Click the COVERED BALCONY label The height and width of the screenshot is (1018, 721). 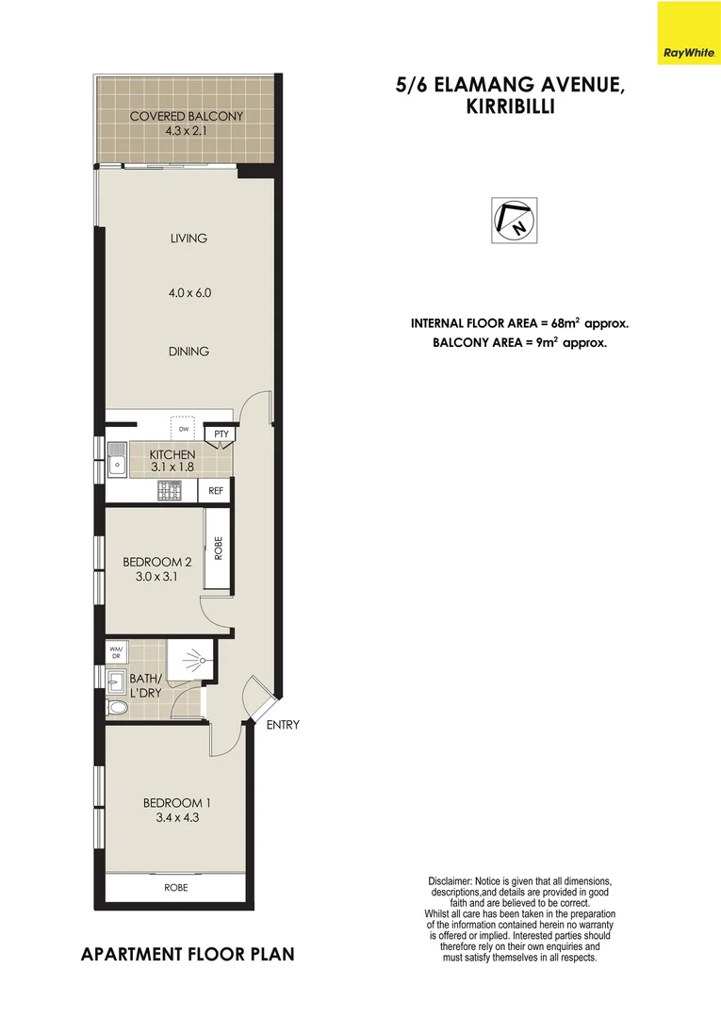pyautogui.click(x=187, y=116)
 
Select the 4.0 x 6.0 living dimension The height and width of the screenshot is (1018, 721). pyautogui.click(x=188, y=293)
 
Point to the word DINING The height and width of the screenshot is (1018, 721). pyautogui.click(x=188, y=352)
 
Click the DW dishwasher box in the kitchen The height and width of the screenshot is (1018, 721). pyautogui.click(x=184, y=429)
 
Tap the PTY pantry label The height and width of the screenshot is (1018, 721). pyautogui.click(x=221, y=434)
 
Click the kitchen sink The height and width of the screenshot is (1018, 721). pyautogui.click(x=117, y=462)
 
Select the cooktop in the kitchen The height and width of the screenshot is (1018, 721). pyautogui.click(x=170, y=490)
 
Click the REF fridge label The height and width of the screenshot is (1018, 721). pyautogui.click(x=216, y=491)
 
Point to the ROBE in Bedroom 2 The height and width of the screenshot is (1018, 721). pyautogui.click(x=219, y=549)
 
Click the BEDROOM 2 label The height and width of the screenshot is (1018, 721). pyautogui.click(x=151, y=563)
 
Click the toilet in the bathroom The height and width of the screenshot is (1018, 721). pyautogui.click(x=117, y=708)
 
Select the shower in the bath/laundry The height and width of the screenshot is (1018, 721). pyautogui.click(x=192, y=661)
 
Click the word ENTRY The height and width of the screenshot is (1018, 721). pyautogui.click(x=283, y=725)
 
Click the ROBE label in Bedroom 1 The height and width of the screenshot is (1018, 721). pyautogui.click(x=176, y=887)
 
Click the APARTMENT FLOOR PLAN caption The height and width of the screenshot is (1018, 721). pyautogui.click(x=188, y=954)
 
